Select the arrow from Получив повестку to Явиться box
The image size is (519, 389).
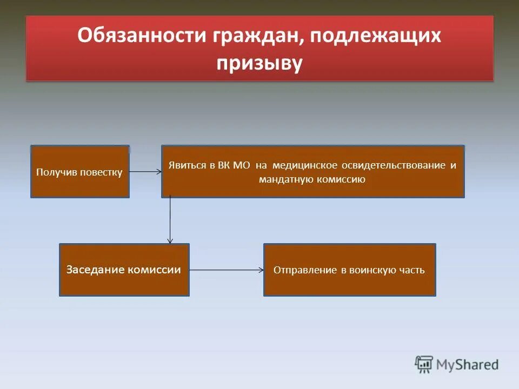145,172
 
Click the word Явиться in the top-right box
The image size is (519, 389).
185,165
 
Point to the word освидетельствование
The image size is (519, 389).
394,165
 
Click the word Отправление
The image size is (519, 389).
305,270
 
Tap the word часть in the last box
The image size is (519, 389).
413,270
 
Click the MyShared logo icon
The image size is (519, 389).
424,364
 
